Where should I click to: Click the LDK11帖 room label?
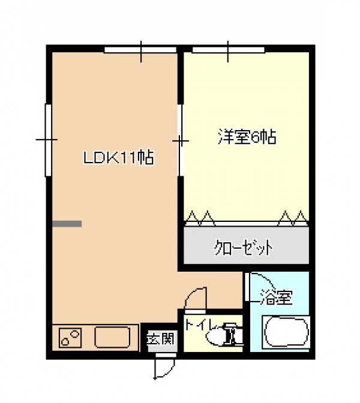pos(119,158)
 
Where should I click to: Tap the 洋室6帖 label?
pos(247,137)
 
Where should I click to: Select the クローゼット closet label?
pos(243,248)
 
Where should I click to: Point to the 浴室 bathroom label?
pos(277,297)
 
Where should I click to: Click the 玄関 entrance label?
pos(161,338)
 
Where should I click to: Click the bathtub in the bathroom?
pos(286,333)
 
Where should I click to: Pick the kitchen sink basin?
pos(112,337)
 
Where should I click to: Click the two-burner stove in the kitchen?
pos(70,338)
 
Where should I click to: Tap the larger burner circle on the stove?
pos(75,334)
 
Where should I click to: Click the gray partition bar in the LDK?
pos(67,224)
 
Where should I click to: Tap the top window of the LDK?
pos(140,50)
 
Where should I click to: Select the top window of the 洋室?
pos(229,50)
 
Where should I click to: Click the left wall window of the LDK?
pos(49,140)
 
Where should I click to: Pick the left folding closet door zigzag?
pos(200,219)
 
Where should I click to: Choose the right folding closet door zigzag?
pos(293,219)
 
